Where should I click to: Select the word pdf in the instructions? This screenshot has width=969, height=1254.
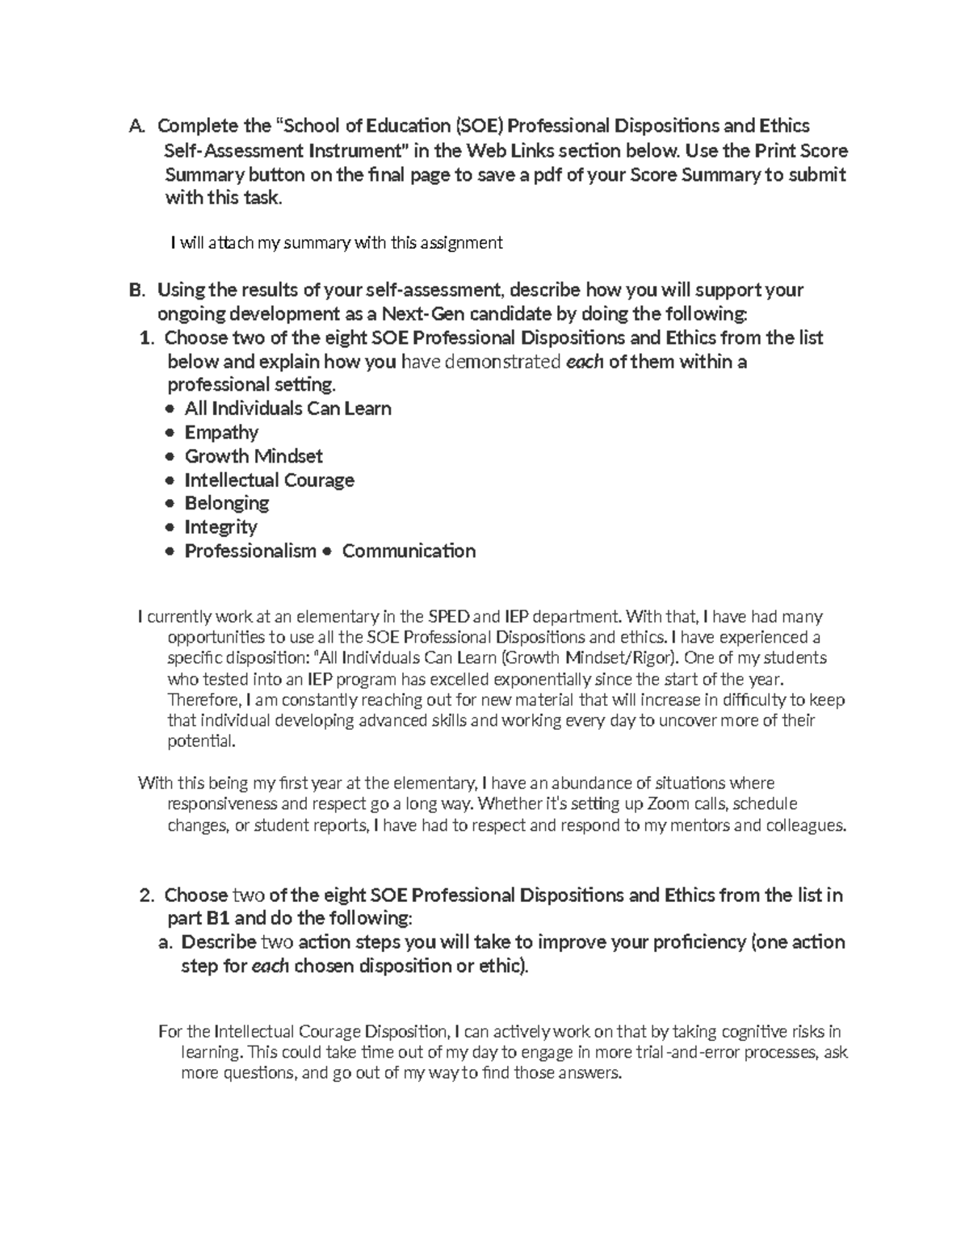point(546,174)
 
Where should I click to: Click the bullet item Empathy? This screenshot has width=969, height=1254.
point(221,433)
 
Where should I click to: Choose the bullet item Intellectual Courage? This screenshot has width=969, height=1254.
point(269,480)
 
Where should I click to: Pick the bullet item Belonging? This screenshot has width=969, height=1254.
point(226,503)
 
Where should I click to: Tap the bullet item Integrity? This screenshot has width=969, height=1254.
point(220,527)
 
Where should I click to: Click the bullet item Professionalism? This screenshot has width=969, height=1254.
point(250,552)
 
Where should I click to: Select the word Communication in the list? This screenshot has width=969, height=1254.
point(409,552)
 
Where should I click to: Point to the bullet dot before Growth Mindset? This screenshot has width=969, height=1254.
point(169,457)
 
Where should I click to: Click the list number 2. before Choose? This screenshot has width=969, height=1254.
point(146,895)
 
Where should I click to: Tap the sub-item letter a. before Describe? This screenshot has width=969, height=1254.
point(166,942)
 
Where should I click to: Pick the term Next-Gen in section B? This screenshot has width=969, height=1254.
point(416,314)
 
